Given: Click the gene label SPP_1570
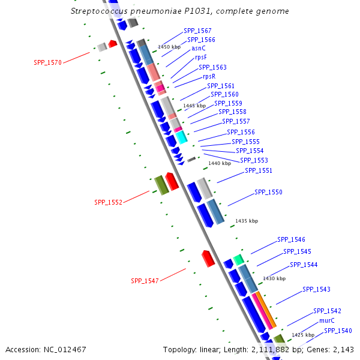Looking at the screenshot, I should coord(47,62).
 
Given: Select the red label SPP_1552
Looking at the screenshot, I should coord(108,202).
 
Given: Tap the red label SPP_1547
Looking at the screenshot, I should coord(145,281).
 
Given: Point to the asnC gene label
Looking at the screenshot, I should coord(199,48).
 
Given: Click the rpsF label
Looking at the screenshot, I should coord(201,58).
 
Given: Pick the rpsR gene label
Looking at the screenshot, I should coord(209,76).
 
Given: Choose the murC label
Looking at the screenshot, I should coord(326,321).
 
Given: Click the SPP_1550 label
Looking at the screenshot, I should coord(268,192).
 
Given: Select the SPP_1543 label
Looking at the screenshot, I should coord(316,289).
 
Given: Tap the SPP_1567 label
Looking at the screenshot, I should coord(197,31).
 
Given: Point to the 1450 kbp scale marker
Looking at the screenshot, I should coord(169,46).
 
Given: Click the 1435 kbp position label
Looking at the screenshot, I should coord(247,221).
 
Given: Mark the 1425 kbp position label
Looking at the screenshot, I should coord(303,335).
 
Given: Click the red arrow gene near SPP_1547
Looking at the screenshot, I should coord(208,258).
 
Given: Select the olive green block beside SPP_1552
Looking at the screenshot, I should coord(161,185).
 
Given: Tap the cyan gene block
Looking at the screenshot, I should coord(181,137).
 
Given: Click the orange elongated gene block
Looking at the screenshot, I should coord(267,310).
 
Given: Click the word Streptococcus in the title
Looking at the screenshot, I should coord(99,11).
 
